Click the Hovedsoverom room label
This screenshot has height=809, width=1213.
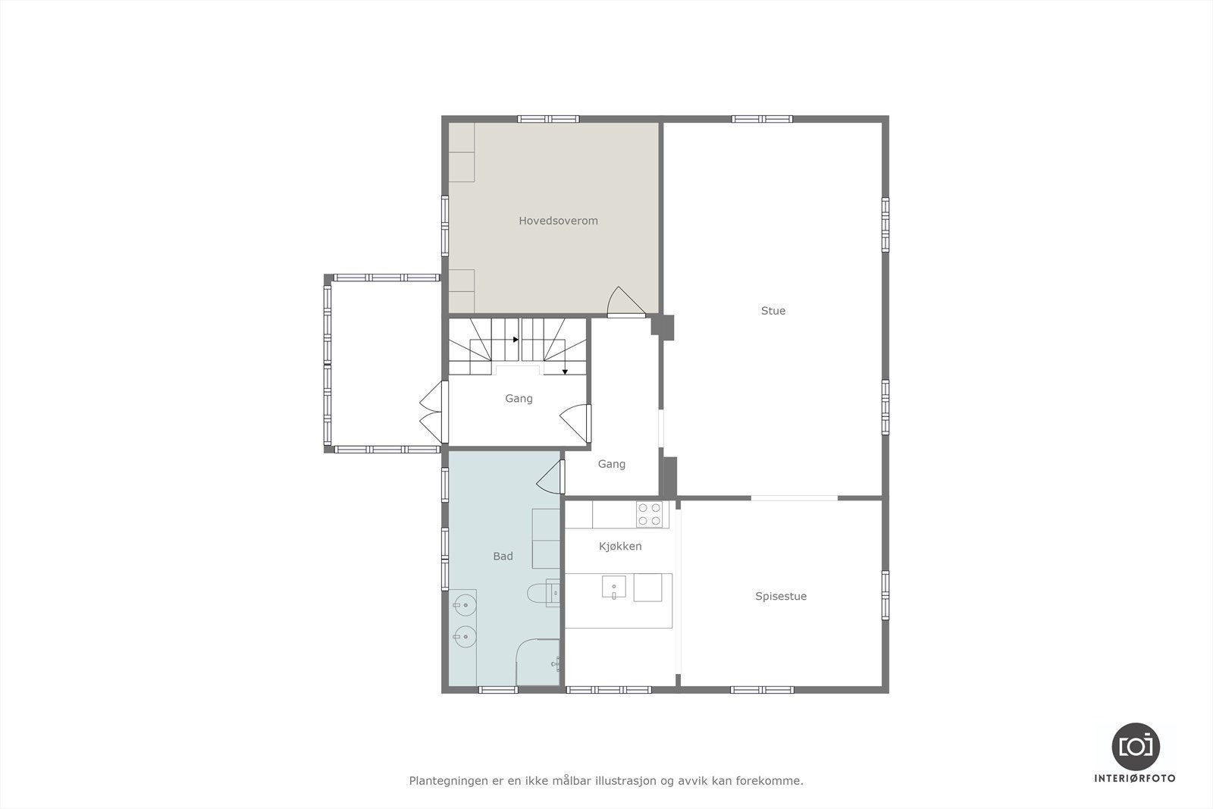click(558, 221)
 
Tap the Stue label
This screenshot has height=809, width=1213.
click(773, 310)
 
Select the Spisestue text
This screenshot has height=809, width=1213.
click(780, 596)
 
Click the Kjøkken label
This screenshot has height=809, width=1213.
click(620, 546)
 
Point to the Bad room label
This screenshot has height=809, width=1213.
click(503, 556)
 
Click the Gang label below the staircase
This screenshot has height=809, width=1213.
click(519, 398)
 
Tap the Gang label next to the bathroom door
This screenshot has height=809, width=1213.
click(611, 464)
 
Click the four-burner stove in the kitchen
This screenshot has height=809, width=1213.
click(650, 514)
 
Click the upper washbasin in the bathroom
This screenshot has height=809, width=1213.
click(464, 605)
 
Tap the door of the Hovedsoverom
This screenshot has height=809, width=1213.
click(625, 302)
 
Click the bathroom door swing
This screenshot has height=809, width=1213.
click(550, 478)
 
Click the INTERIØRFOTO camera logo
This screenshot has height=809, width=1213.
click(1135, 746)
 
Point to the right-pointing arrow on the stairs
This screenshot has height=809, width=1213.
click(516, 340)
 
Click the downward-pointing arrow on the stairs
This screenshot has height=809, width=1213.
click(565, 372)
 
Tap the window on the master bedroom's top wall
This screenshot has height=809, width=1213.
click(549, 119)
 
